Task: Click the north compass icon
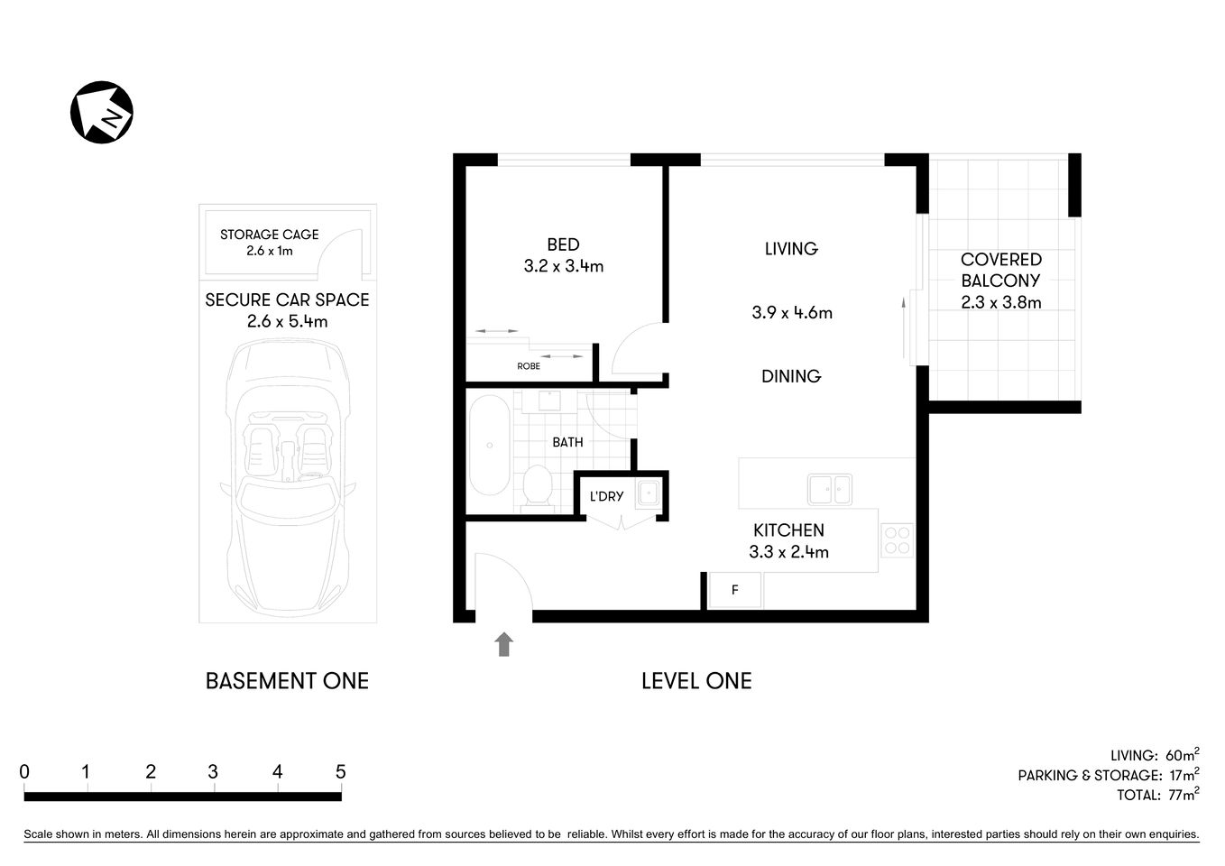[102, 112]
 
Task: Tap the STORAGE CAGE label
[269, 235]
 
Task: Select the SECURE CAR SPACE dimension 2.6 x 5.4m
[287, 322]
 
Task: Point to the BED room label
[563, 244]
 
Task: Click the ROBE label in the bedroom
[529, 366]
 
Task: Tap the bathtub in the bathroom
[489, 445]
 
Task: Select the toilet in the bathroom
[539, 487]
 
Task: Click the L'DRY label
[606, 496]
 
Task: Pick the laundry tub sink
[649, 493]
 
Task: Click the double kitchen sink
[829, 489]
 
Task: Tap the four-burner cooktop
[897, 539]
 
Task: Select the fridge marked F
[735, 590]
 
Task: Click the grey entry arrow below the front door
[503, 643]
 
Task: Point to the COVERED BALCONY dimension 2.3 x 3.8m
[1000, 303]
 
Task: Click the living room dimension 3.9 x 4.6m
[791, 313]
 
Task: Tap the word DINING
[790, 376]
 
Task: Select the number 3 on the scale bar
[213, 772]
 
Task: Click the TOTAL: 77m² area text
[1157, 795]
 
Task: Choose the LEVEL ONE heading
[695, 681]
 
